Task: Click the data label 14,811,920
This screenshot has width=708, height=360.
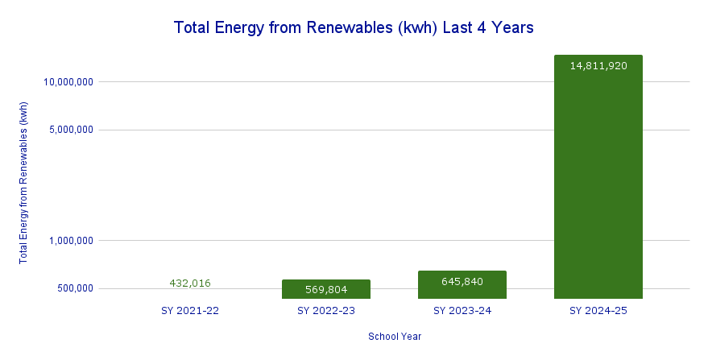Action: [598, 66]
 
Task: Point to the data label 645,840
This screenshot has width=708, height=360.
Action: [462, 281]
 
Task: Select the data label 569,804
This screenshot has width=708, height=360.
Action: [325, 289]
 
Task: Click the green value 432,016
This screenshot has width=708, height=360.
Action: [190, 283]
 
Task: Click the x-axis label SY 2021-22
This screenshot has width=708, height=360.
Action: [190, 310]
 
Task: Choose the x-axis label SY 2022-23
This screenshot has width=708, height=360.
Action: [325, 310]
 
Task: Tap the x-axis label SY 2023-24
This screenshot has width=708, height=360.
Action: [462, 310]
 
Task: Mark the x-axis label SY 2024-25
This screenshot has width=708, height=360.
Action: [598, 310]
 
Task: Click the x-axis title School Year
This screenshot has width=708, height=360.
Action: [395, 337]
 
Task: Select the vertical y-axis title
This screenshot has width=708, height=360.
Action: [23, 182]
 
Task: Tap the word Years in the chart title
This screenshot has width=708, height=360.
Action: [510, 28]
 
